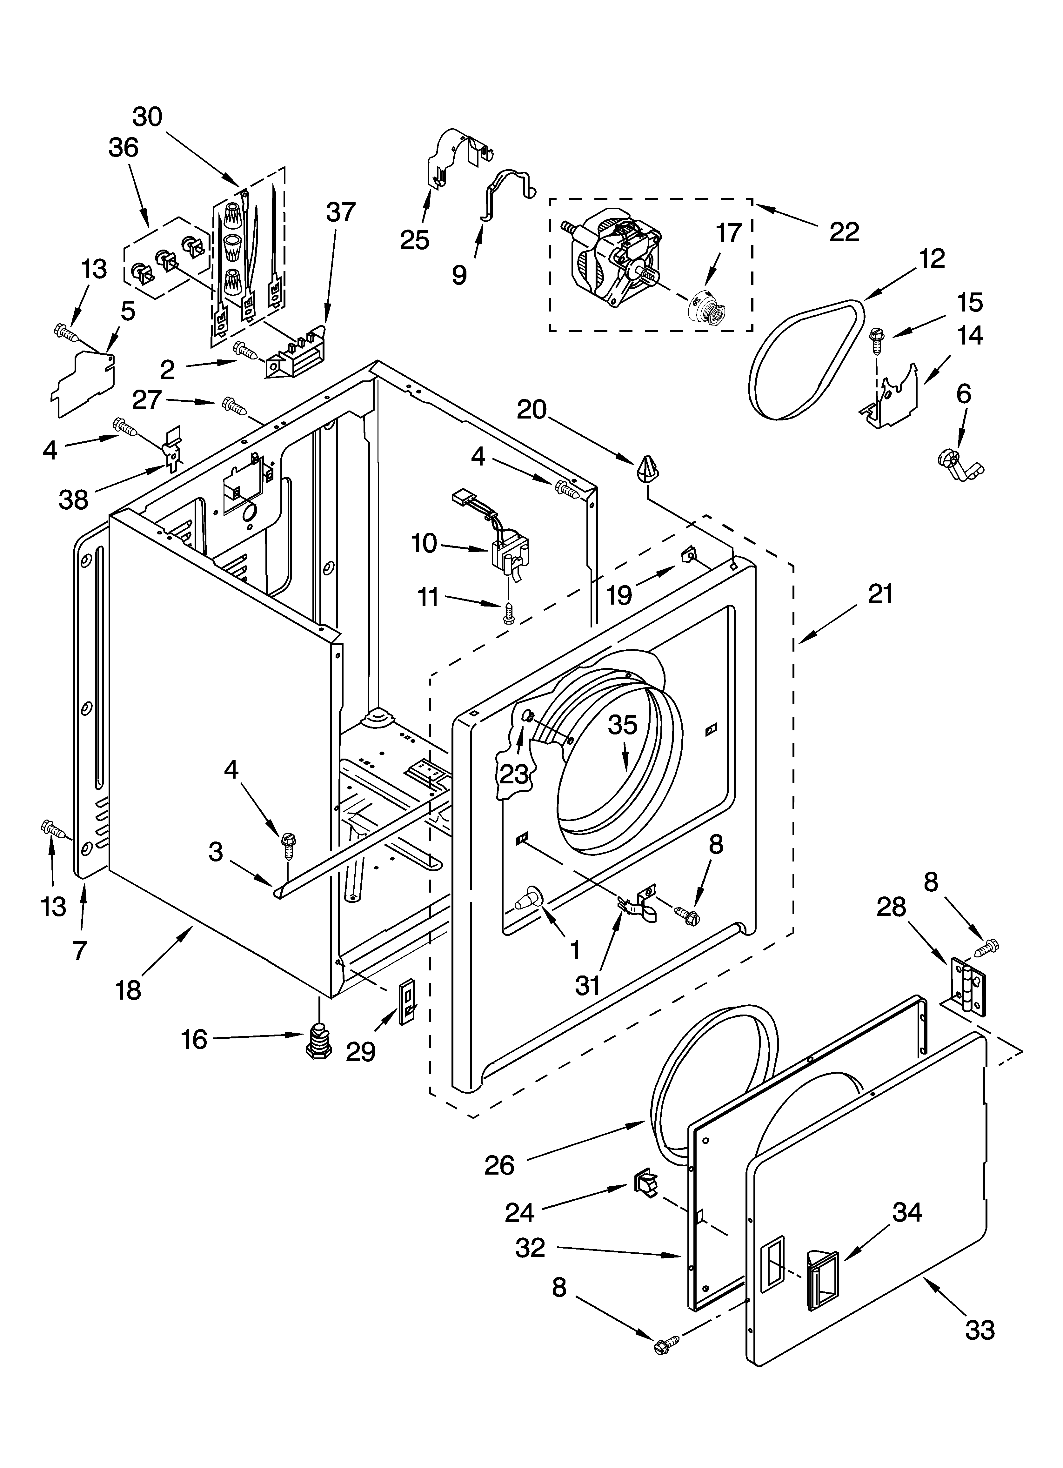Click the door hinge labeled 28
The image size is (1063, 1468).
[966, 986]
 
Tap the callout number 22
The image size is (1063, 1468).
[844, 231]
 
